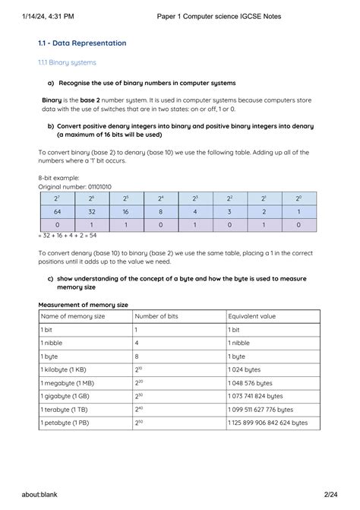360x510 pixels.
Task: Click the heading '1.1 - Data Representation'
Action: (x=84, y=43)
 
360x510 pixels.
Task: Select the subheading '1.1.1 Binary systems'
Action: (x=68, y=62)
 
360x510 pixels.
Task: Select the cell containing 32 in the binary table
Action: (x=90, y=212)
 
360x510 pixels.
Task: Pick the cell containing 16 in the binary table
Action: (x=125, y=212)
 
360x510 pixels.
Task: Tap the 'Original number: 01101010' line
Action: (x=74, y=186)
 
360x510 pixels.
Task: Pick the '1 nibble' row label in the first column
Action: (x=52, y=343)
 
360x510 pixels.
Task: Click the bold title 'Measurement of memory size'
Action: (x=83, y=304)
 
